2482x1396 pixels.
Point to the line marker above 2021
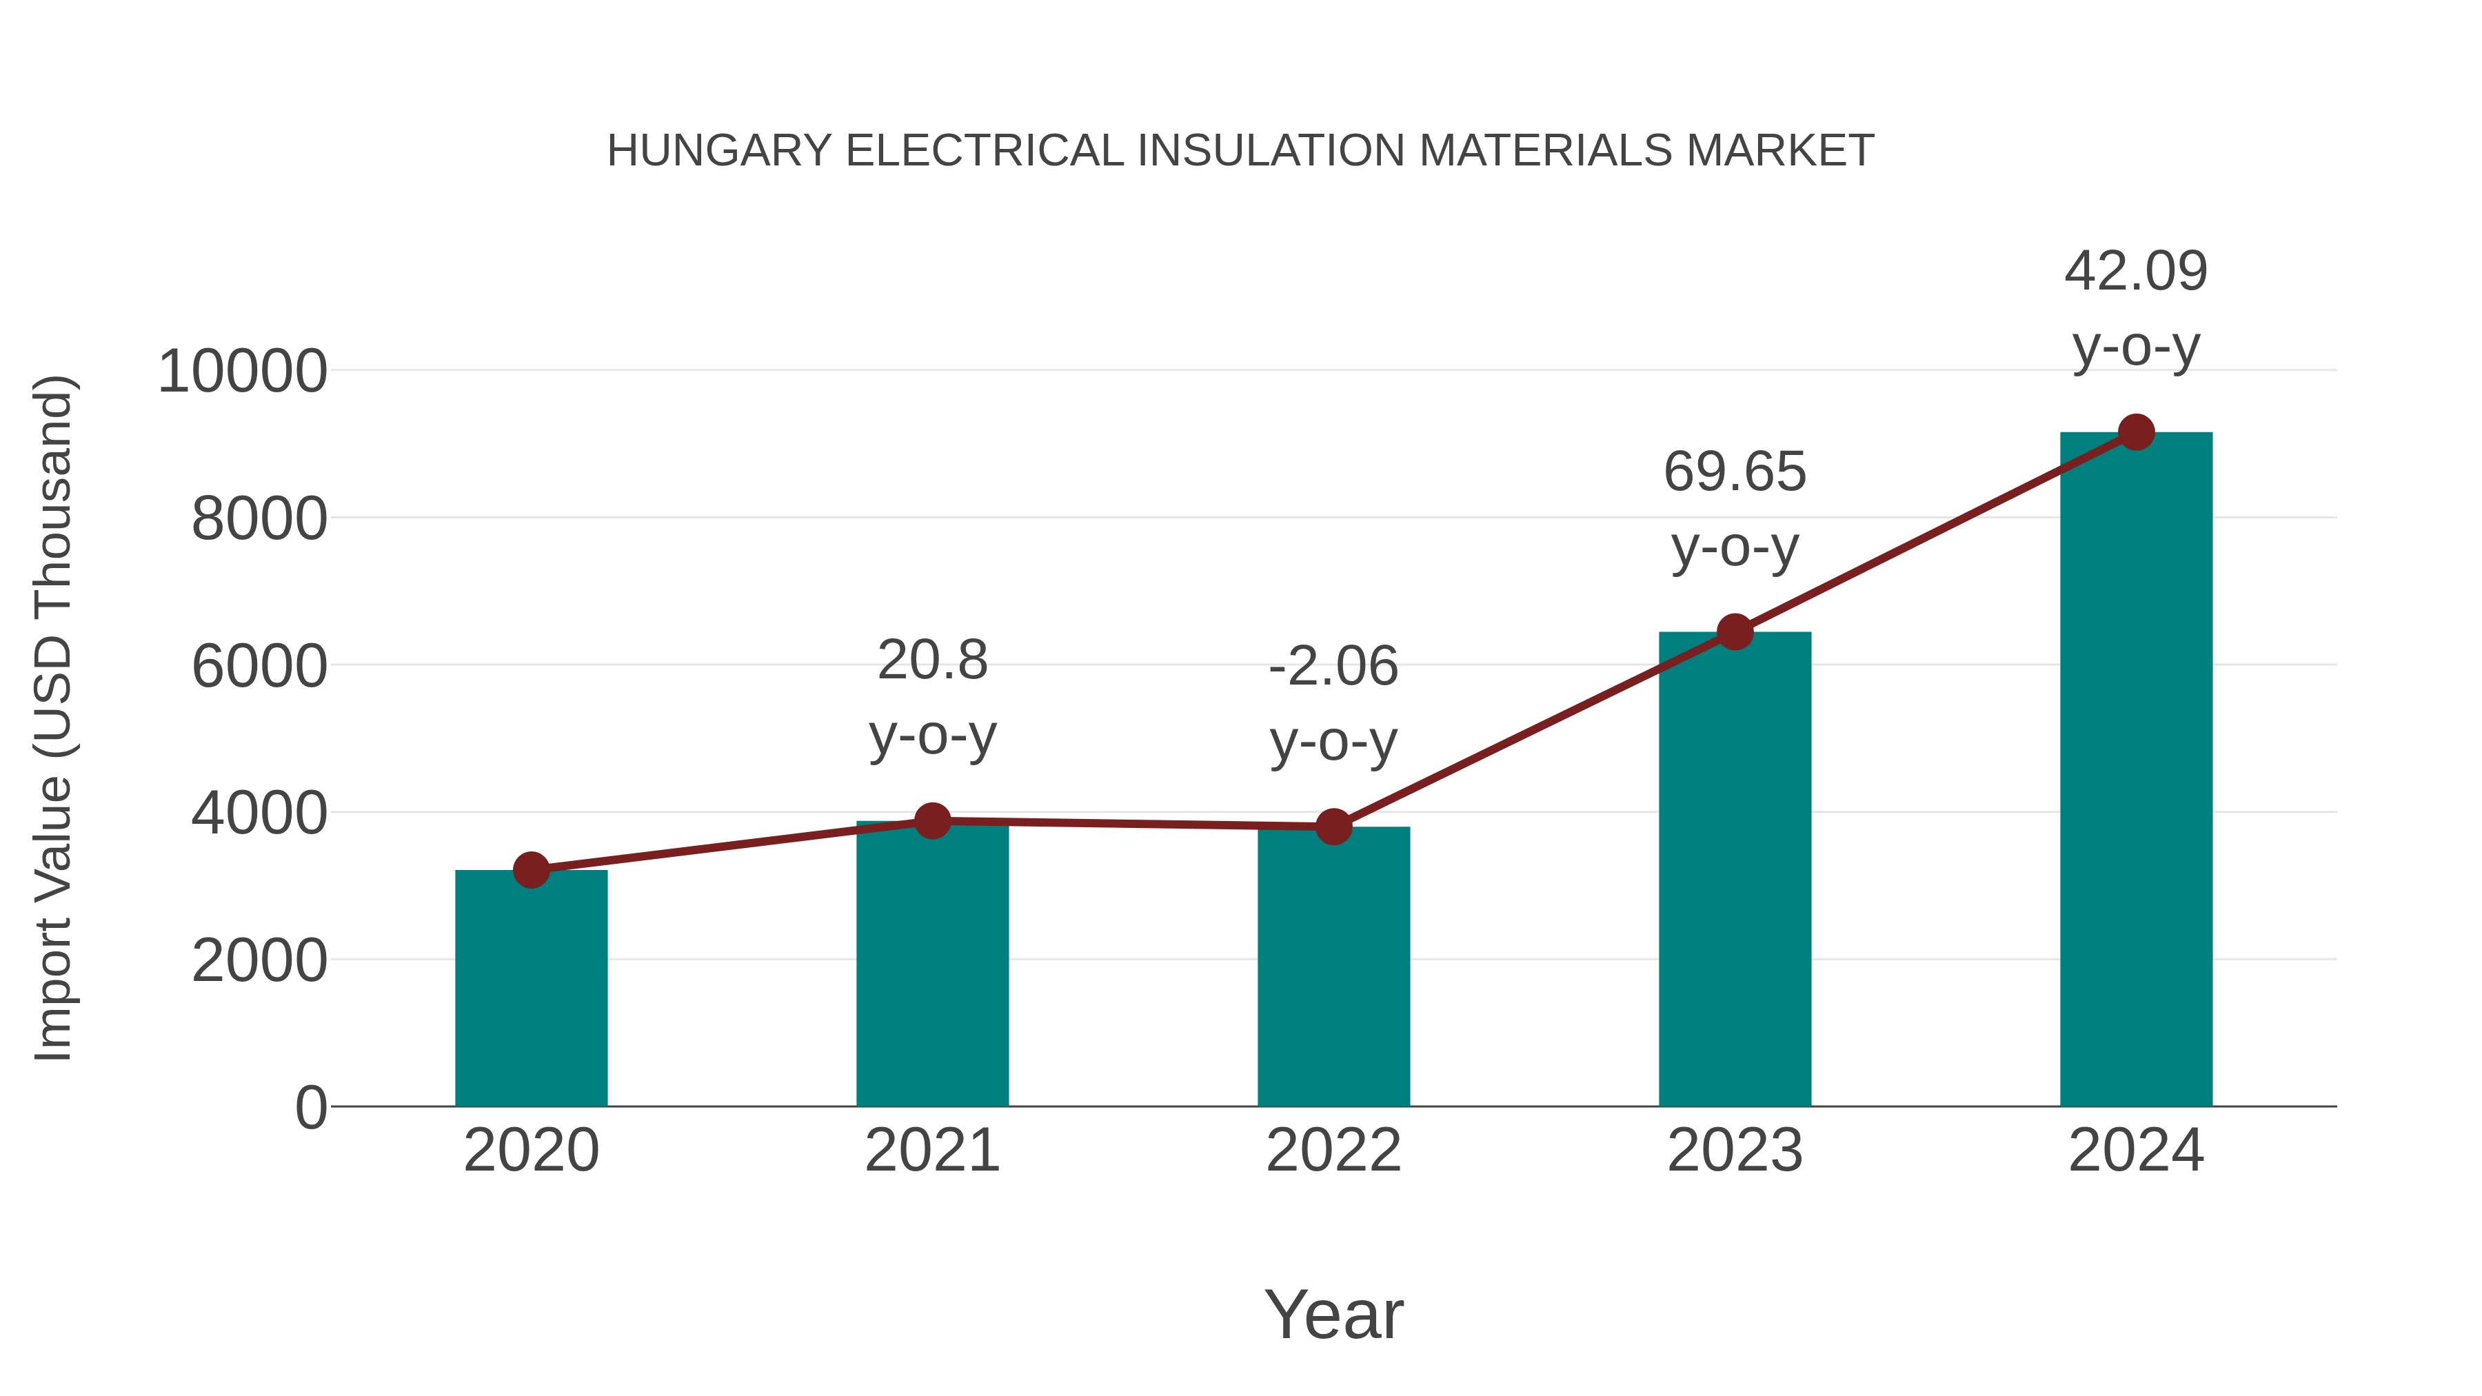(x=931, y=821)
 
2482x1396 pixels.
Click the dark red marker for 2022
(x=1333, y=827)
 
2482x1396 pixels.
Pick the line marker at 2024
(x=2136, y=432)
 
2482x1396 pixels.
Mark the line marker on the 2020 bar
(x=531, y=870)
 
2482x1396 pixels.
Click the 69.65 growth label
(x=1735, y=472)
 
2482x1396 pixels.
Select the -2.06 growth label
(x=1333, y=667)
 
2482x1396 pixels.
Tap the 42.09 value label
(x=2135, y=271)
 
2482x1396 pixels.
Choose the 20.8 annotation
(x=931, y=661)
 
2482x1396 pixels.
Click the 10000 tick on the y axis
(x=243, y=372)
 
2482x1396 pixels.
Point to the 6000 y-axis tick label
(x=259, y=667)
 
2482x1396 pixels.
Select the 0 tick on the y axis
(x=310, y=1108)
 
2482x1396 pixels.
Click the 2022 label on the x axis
(x=1333, y=1151)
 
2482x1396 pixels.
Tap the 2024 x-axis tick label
(x=2135, y=1151)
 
